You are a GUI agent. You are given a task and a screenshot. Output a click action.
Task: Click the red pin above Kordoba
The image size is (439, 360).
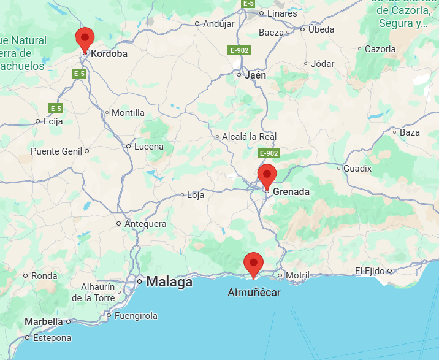85,39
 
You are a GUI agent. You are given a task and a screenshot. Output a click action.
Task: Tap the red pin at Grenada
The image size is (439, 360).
267,175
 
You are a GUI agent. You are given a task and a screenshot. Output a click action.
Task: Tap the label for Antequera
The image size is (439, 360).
145,224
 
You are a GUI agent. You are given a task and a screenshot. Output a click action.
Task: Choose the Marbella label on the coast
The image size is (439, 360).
44,321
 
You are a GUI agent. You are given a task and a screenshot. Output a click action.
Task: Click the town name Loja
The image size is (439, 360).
195,195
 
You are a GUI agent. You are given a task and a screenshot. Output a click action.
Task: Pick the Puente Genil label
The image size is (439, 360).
56,151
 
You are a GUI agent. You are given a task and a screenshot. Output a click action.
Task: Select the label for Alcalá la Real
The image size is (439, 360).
250,136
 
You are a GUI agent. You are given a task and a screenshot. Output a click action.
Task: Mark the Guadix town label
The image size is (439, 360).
357,168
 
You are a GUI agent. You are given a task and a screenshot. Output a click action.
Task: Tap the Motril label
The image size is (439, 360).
298,275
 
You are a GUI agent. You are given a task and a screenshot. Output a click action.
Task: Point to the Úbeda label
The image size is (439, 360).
321,29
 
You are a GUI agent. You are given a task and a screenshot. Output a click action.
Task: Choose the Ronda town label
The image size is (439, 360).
44,276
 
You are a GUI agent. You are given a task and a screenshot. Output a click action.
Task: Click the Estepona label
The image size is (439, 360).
53,337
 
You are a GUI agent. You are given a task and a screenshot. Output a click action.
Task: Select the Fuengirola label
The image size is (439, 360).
136,316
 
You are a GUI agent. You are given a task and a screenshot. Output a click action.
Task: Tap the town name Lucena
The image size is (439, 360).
148,147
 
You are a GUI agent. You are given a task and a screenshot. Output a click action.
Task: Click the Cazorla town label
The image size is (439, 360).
381,48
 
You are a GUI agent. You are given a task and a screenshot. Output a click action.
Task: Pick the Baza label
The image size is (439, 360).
410,132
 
